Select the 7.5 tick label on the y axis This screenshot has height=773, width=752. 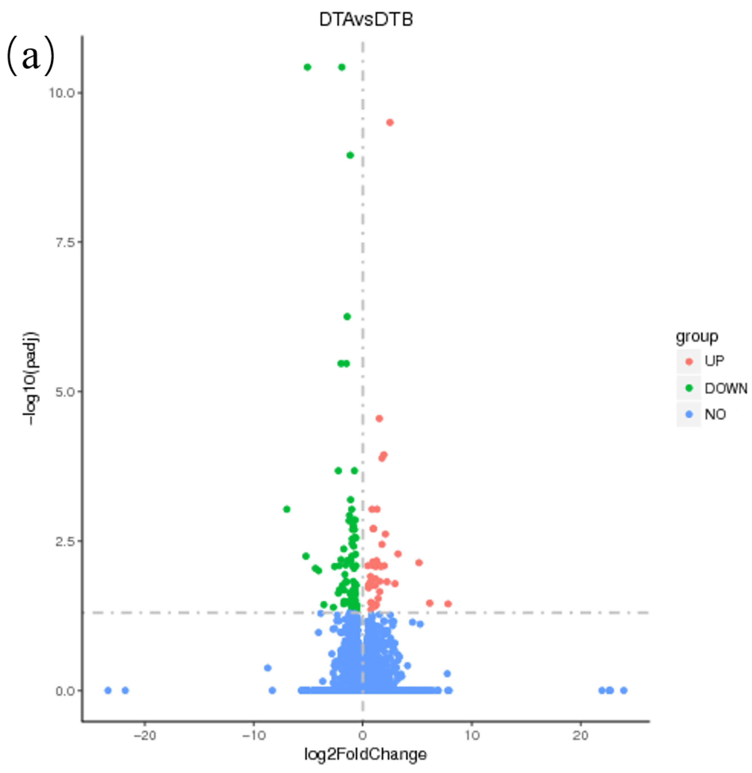point(65,242)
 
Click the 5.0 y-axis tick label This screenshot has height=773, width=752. point(65,391)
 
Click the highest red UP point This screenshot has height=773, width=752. point(390,122)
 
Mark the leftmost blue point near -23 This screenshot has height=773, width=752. point(108,690)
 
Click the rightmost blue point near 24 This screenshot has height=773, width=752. point(624,690)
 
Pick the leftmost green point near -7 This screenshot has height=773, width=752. point(287,509)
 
